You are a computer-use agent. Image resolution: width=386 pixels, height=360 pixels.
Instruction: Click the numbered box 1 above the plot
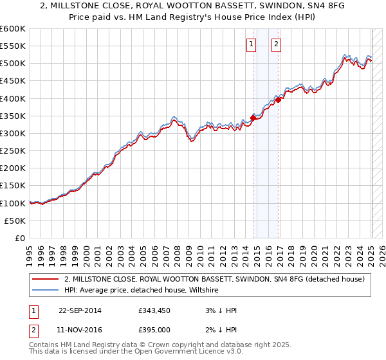(x=250, y=44)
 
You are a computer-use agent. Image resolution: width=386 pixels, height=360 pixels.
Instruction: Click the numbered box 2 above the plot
(x=275, y=44)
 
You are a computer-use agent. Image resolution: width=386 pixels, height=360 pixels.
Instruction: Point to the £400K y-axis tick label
(x=12, y=98)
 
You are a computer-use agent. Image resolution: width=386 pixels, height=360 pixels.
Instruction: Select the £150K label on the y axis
(x=12, y=186)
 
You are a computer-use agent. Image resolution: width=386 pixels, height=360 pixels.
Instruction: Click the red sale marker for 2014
(x=253, y=118)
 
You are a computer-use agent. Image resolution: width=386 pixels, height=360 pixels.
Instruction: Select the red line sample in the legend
(x=46, y=280)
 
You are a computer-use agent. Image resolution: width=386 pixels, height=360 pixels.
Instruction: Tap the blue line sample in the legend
(x=46, y=291)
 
